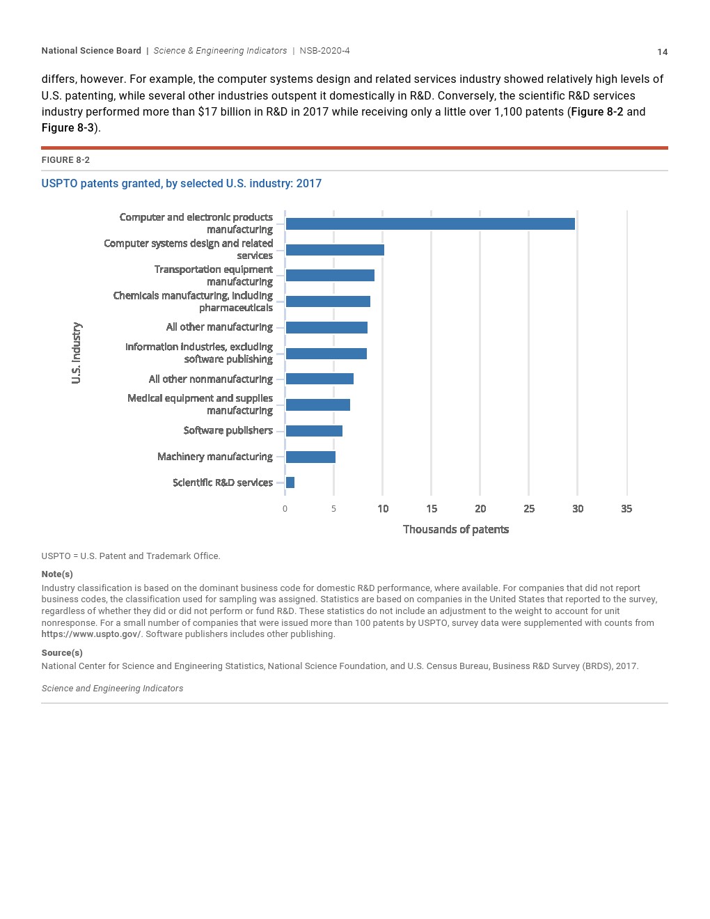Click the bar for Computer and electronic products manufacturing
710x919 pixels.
[x=430, y=223]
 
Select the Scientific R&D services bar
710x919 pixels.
[x=290, y=482]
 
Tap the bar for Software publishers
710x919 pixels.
[x=314, y=431]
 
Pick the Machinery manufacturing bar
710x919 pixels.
[x=310, y=457]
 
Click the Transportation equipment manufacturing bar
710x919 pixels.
[x=330, y=276]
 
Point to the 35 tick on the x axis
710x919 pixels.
[x=626, y=509]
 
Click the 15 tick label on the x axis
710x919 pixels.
[x=432, y=509]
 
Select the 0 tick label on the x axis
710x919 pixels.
[x=285, y=509]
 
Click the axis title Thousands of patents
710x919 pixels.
[x=456, y=529]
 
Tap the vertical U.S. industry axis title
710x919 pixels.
[x=77, y=352]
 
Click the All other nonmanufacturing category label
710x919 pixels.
[x=210, y=379]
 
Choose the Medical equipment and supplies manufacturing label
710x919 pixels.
[x=200, y=404]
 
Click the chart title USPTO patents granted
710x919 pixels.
[x=181, y=183]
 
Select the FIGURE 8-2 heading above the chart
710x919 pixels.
[x=65, y=160]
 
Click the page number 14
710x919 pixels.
[x=662, y=52]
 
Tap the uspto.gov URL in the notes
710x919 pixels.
[x=90, y=634]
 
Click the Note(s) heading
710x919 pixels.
[x=57, y=574]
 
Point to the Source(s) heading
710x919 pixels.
[x=62, y=653]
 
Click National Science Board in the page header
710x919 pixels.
[x=91, y=51]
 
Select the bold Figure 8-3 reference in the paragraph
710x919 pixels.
[x=68, y=128]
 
